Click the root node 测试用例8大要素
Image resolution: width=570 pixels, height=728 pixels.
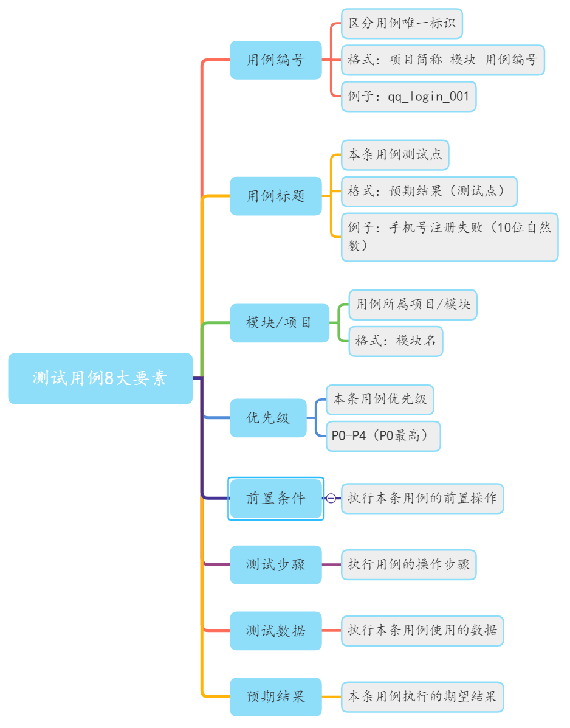[100, 378]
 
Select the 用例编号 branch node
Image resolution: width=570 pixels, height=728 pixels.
[275, 60]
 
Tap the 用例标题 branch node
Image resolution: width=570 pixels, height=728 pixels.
[275, 196]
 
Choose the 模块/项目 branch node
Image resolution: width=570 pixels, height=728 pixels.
[279, 322]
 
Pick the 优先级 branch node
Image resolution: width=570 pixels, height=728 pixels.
[268, 418]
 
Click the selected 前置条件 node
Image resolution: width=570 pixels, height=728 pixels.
[275, 498]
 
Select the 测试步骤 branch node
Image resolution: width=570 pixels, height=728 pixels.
[275, 564]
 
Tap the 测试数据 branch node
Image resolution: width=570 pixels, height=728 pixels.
[275, 631]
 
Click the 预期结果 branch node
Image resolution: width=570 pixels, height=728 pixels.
[275, 696]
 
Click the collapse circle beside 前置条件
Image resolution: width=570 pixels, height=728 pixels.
[331, 498]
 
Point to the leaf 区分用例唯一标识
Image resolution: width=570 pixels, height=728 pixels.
[402, 24]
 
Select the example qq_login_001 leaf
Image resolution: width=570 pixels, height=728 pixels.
[408, 97]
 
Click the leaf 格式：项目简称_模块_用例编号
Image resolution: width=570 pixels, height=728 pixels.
[442, 60]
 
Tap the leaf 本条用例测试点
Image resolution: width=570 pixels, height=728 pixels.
[395, 155]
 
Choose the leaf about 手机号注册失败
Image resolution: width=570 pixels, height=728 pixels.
[449, 237]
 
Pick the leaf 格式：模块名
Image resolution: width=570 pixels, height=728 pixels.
[396, 341]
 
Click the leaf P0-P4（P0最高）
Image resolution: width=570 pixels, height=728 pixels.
[383, 436]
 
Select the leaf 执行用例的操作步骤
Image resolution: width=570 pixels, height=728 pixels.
[408, 565]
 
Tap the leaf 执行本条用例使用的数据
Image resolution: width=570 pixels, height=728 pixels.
[422, 631]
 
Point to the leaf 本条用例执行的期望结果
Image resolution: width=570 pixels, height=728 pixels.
[422, 696]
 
